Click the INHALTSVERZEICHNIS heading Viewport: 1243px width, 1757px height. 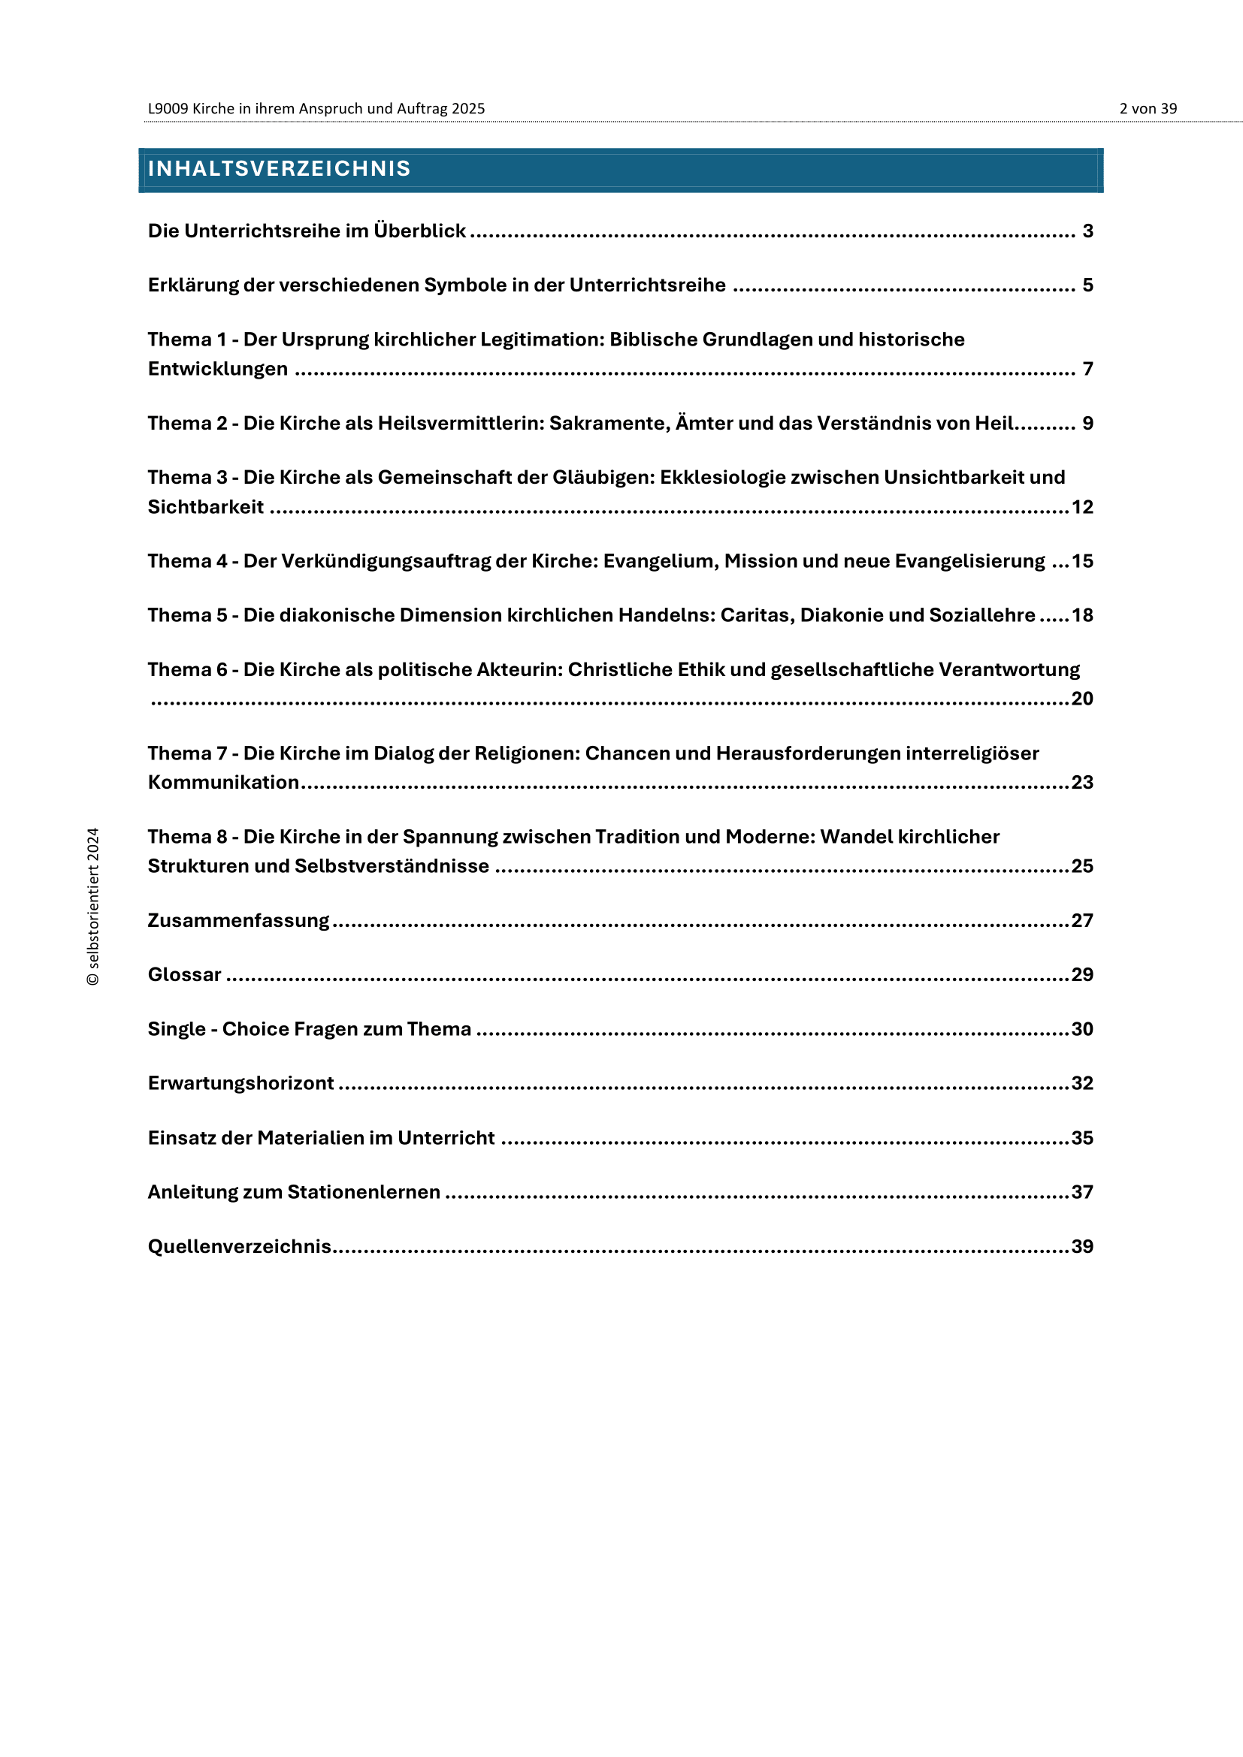pos(279,168)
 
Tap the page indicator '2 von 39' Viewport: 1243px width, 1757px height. pos(1148,109)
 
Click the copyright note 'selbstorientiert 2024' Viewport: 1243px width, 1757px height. pos(92,906)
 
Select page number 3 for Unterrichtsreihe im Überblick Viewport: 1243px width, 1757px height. pos(1087,231)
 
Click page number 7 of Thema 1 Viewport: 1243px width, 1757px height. pos(1087,369)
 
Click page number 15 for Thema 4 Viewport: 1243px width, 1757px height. pos(1081,561)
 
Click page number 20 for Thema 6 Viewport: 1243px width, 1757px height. pos(1081,699)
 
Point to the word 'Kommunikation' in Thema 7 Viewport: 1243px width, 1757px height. pos(222,782)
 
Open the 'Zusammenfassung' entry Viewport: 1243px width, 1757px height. pos(238,921)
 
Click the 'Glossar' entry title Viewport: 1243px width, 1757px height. pos(184,975)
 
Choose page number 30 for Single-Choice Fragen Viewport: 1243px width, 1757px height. pos(1081,1029)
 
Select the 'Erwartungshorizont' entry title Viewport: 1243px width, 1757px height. pos(240,1084)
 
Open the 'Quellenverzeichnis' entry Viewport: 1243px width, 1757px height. pos(239,1247)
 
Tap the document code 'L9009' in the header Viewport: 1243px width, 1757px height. pos(168,109)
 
